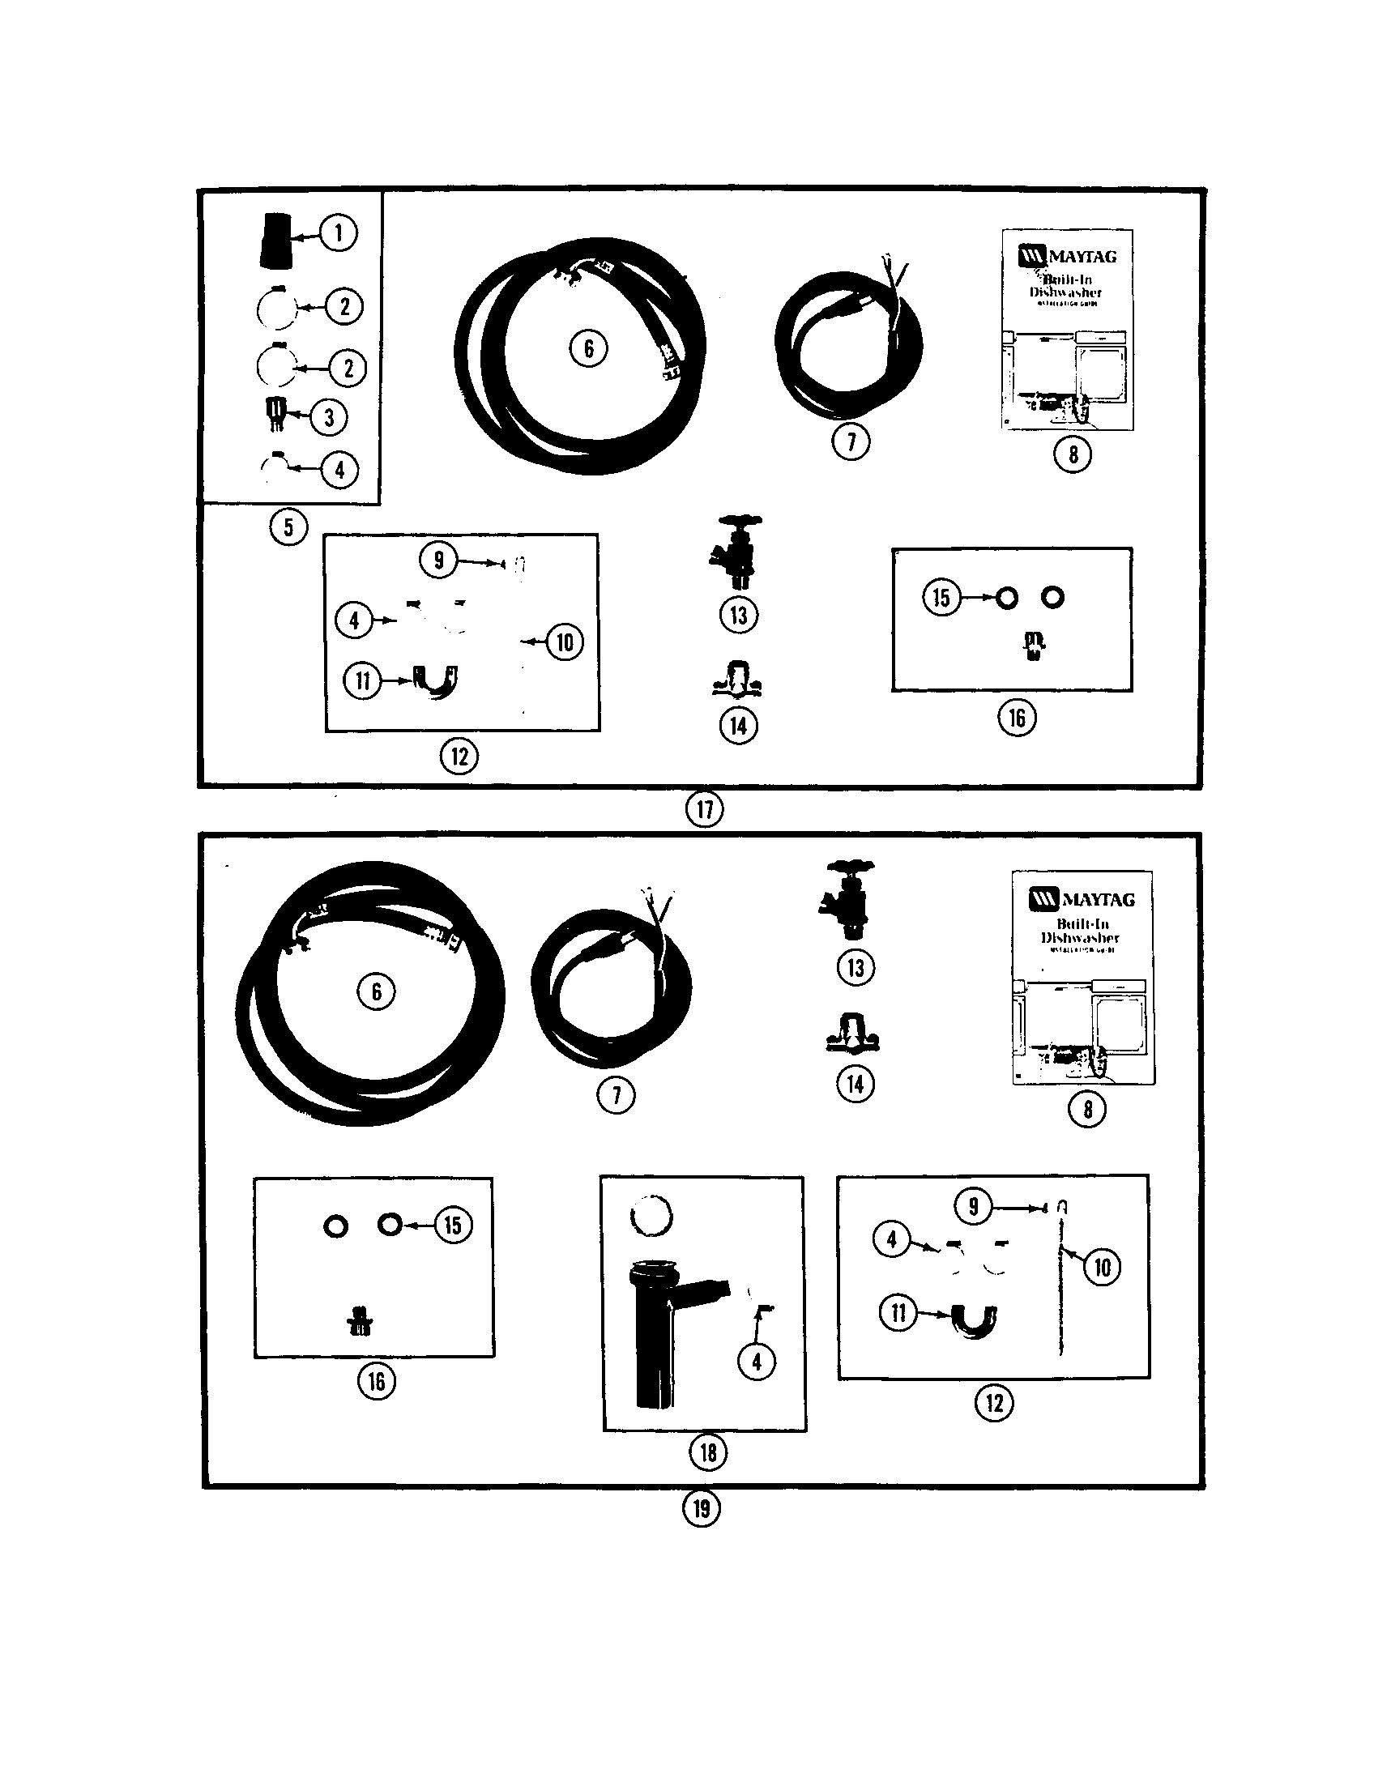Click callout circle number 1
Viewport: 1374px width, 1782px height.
point(338,233)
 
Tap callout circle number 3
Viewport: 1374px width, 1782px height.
point(329,418)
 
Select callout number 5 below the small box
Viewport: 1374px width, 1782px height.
point(288,527)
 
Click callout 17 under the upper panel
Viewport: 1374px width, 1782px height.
point(704,809)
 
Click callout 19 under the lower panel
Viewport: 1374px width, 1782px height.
point(702,1508)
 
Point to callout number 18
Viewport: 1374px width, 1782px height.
point(707,1452)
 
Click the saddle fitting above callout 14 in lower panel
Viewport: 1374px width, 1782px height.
point(853,1034)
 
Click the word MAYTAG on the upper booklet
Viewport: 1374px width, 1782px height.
point(1082,256)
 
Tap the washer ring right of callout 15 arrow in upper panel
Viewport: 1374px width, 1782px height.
point(1007,598)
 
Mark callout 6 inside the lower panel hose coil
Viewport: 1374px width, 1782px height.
point(376,991)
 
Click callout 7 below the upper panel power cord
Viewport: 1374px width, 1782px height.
point(851,442)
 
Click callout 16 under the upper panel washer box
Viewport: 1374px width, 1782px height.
point(1017,718)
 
